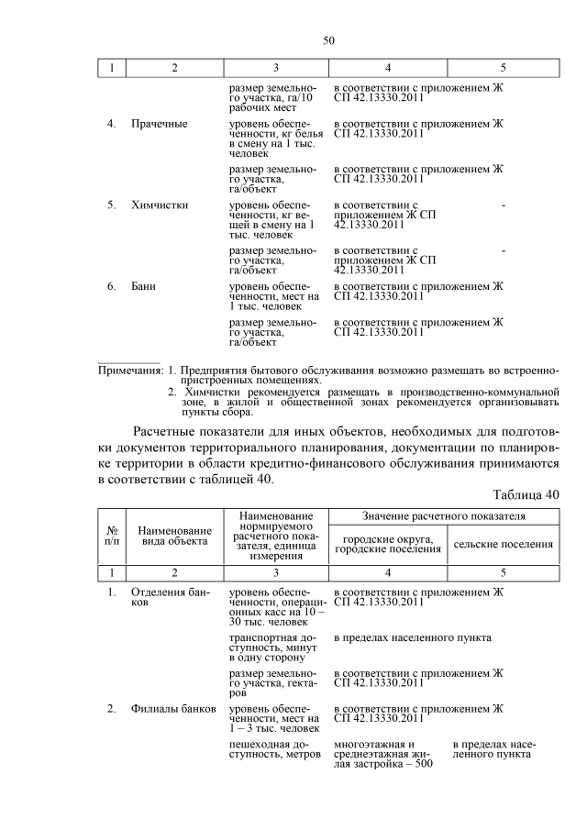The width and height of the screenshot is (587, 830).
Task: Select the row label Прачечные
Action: [x=160, y=123]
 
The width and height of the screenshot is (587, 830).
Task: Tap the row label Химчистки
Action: [x=160, y=205]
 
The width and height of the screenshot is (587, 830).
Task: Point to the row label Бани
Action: [x=143, y=286]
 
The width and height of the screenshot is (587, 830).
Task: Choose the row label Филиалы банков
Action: [x=173, y=709]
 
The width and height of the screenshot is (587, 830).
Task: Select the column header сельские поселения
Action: [x=504, y=544]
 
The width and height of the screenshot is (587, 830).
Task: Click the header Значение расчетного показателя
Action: [x=444, y=517]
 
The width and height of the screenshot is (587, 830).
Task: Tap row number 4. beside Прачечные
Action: [x=111, y=123]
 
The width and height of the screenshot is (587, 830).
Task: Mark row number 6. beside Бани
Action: [x=111, y=286]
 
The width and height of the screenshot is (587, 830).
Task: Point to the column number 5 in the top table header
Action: [x=503, y=68]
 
